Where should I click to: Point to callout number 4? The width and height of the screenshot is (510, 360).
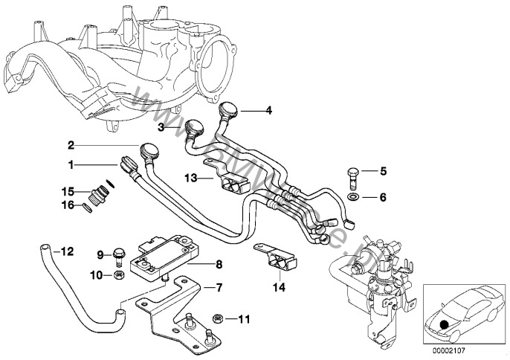point(269,111)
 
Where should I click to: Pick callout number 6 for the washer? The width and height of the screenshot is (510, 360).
point(384,197)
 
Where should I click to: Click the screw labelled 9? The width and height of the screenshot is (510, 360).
point(117,255)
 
